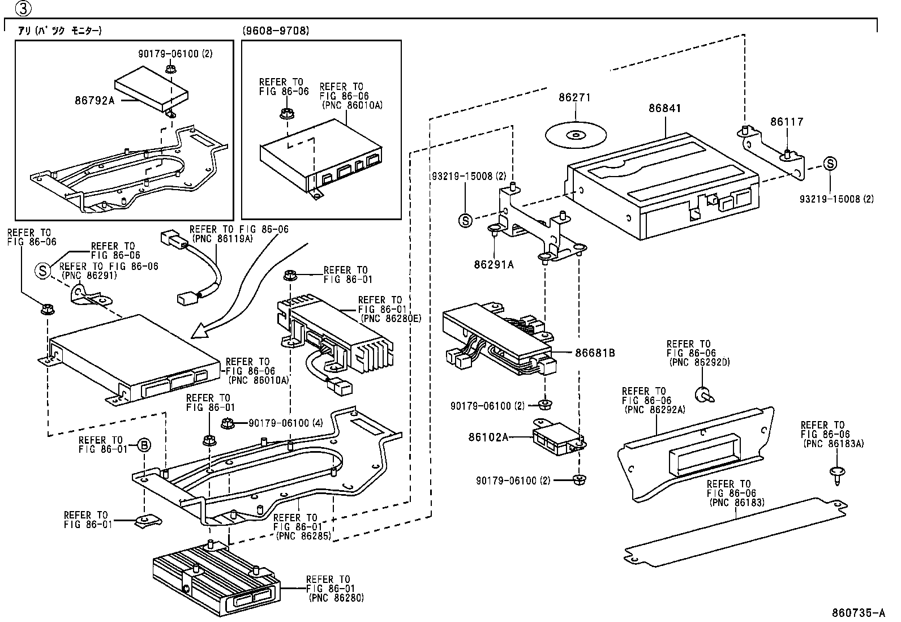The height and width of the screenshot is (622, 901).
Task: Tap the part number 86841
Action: (x=664, y=108)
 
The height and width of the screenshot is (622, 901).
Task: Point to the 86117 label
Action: (x=786, y=122)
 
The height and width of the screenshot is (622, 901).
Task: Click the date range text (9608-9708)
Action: (x=276, y=31)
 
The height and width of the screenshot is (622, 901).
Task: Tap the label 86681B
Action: (x=595, y=353)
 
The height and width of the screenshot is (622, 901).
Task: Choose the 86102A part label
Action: (x=488, y=437)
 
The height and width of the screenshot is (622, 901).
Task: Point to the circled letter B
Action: (x=144, y=445)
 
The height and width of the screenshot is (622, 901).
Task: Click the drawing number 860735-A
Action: (x=858, y=613)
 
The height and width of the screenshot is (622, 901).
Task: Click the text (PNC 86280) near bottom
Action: (x=336, y=598)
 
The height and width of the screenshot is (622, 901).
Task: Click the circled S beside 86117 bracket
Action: (x=830, y=164)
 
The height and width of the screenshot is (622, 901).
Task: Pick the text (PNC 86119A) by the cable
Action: (x=223, y=239)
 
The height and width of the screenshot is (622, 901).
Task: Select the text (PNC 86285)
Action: (x=303, y=535)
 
